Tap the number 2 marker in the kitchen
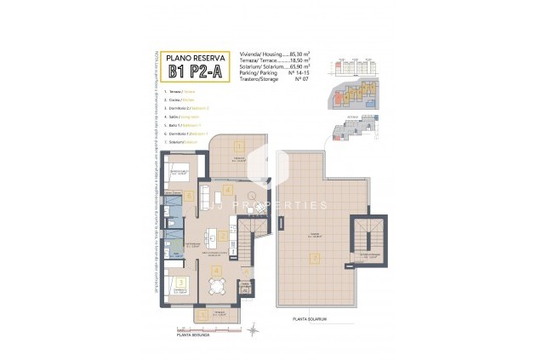223,235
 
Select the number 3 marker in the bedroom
181,283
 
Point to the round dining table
217,287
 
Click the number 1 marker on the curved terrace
239,146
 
